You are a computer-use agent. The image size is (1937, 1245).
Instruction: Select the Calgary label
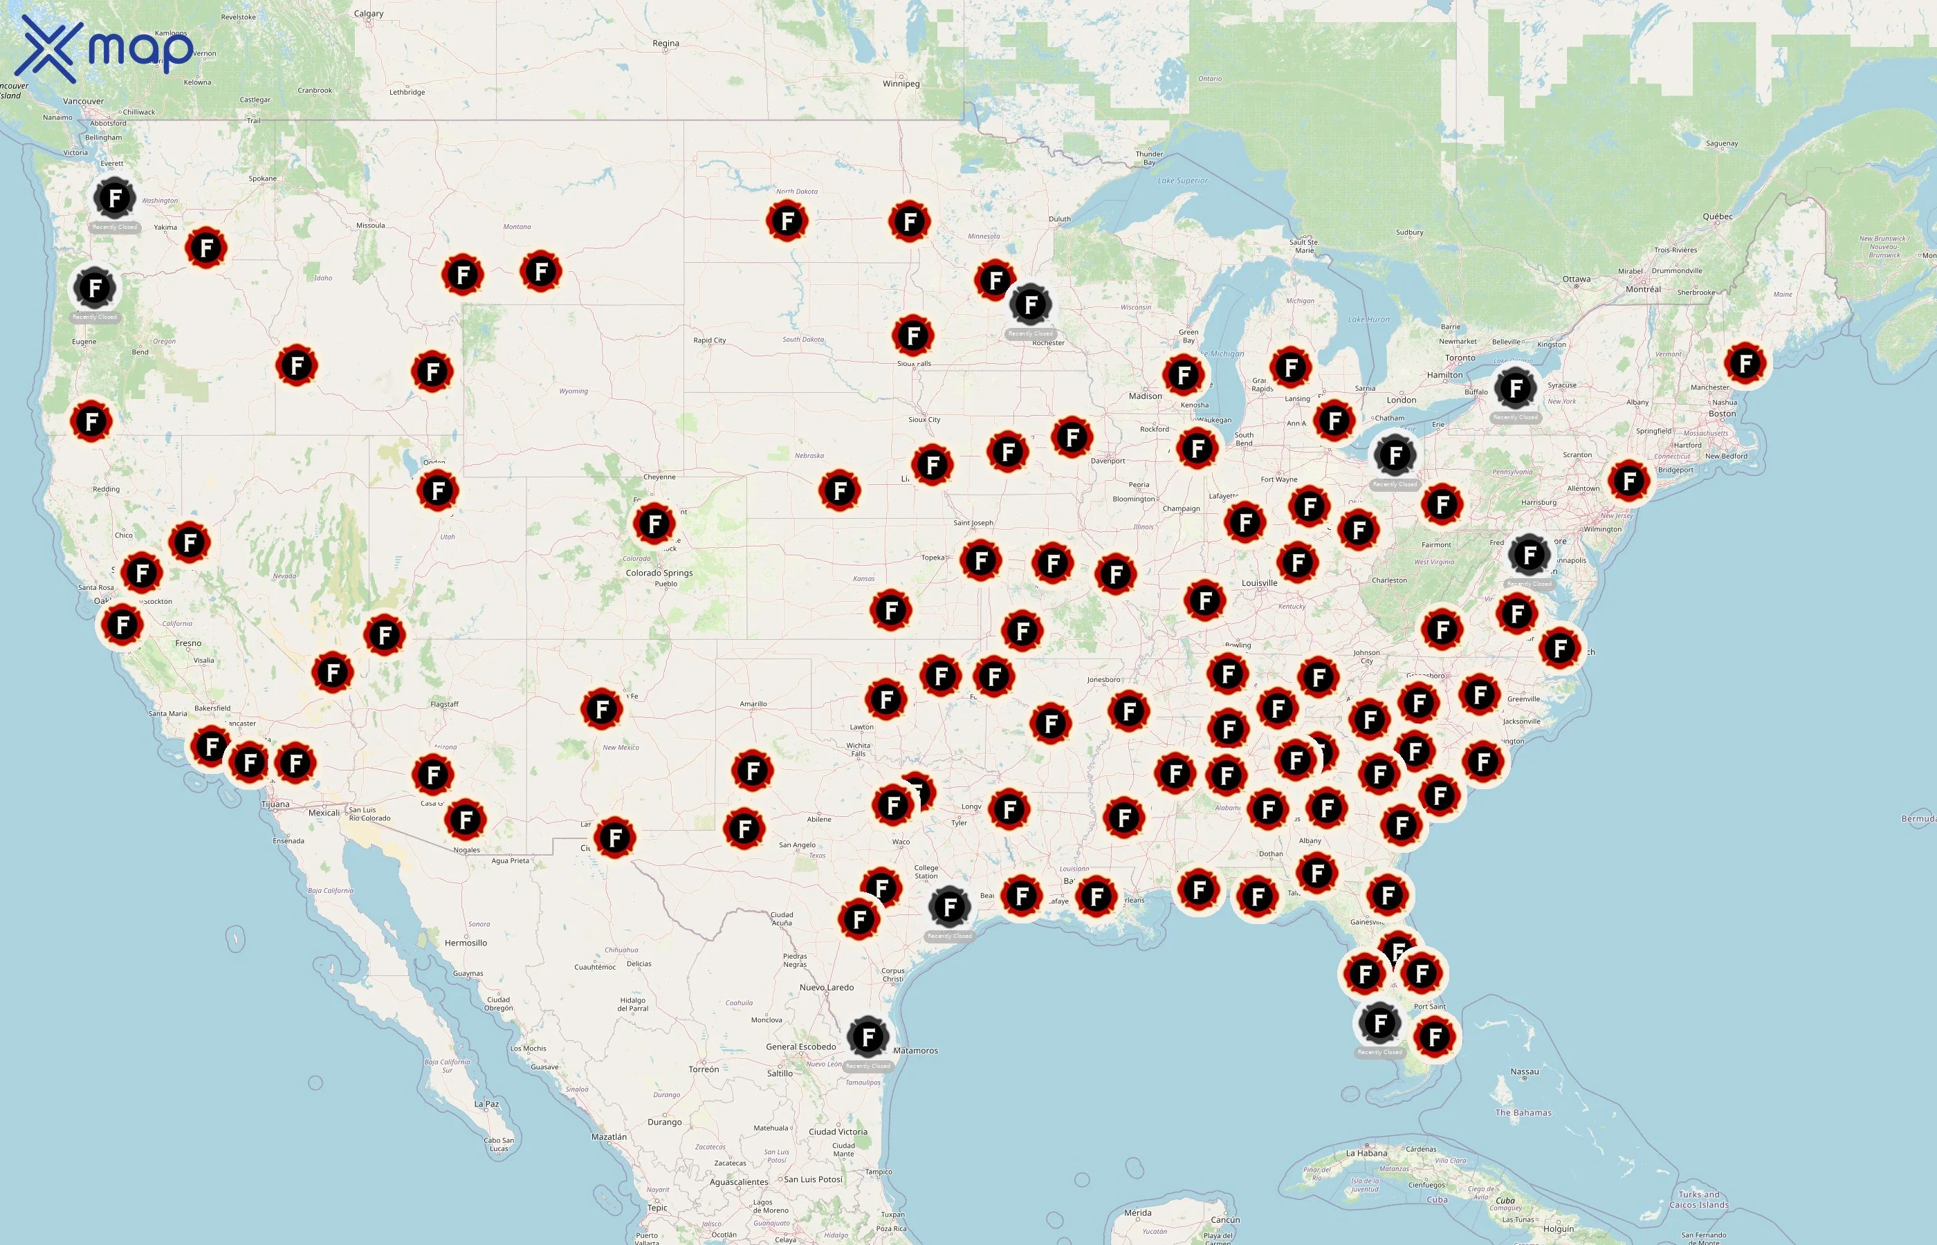[x=369, y=14]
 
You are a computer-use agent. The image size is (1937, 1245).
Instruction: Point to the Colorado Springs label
[x=659, y=573]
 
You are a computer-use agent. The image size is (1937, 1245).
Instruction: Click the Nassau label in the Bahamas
[x=1524, y=1072]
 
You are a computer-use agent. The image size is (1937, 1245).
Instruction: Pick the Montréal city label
[x=1643, y=289]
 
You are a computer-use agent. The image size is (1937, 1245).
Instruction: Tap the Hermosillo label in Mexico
[x=466, y=943]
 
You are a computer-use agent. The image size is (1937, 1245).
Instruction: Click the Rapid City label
[x=709, y=340]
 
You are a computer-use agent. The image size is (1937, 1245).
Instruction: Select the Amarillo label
[x=753, y=704]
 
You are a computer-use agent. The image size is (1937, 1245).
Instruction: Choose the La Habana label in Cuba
[x=1366, y=1153]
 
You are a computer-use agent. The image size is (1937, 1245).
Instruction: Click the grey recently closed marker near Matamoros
[x=867, y=1037]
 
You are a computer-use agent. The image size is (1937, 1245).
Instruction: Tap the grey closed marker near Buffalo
[x=1515, y=388]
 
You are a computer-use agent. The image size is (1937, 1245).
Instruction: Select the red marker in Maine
[x=1745, y=363]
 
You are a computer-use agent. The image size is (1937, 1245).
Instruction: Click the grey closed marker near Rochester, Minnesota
[x=1030, y=305]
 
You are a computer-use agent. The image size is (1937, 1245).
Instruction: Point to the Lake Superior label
[x=1182, y=181]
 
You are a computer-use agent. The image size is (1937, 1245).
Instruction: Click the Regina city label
[x=665, y=44]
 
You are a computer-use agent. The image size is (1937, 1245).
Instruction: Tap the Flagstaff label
[x=444, y=704]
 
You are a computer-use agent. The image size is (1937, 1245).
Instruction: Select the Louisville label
[x=1259, y=583]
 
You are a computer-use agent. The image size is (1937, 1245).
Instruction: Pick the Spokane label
[x=262, y=178]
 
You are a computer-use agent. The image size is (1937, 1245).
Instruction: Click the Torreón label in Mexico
[x=704, y=1069]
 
